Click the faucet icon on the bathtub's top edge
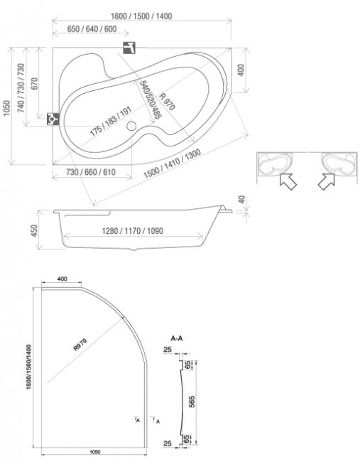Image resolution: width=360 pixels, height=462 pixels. pos(129,48)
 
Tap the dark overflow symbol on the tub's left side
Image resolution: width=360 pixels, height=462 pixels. pos(53,119)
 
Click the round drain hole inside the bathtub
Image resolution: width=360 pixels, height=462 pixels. pos(131,126)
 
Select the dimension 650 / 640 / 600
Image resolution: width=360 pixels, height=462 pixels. pos(92,29)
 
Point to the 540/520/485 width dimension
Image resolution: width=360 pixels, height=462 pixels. pos(151,100)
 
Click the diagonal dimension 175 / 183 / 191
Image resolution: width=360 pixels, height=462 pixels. pos(111,122)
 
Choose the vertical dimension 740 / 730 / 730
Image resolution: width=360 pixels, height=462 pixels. pos(21,88)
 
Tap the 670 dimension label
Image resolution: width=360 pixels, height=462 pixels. pos(35,84)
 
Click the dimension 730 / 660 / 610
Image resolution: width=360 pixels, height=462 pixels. pos(91,172)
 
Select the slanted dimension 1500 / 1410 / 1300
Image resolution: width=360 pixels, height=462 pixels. pos(173,163)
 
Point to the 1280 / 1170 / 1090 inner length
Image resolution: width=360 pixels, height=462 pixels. pos(133,231)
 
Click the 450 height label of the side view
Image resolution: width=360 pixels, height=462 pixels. pos(35,231)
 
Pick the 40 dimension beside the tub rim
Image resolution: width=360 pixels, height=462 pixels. pos(241,200)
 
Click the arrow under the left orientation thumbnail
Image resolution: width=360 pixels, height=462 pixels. pos(288,181)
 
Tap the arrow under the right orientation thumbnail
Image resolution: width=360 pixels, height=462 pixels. pos(327,181)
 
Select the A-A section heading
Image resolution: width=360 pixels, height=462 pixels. pos(177,338)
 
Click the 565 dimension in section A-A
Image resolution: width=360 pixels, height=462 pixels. pos(191,402)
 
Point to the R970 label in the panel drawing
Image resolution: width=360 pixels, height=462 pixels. pos(80,345)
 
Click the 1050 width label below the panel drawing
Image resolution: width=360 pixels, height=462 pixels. pos(94,451)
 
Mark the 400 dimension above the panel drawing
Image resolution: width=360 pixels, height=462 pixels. pos(62,279)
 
